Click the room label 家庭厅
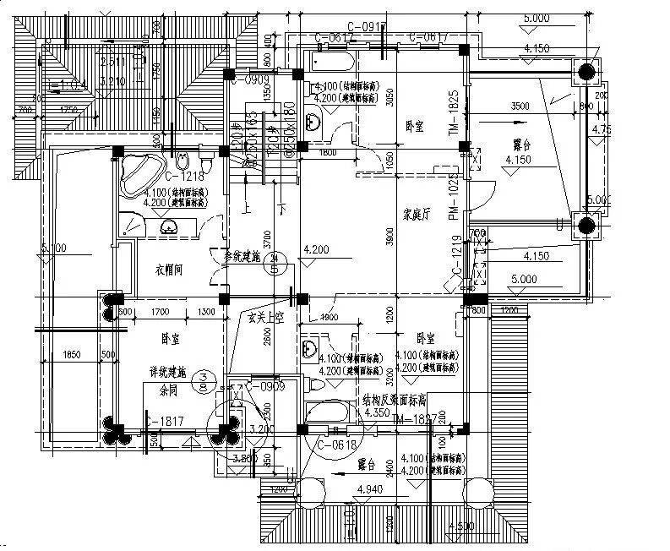tap(416, 215)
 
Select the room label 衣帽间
tap(171, 270)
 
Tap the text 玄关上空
tap(263, 319)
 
